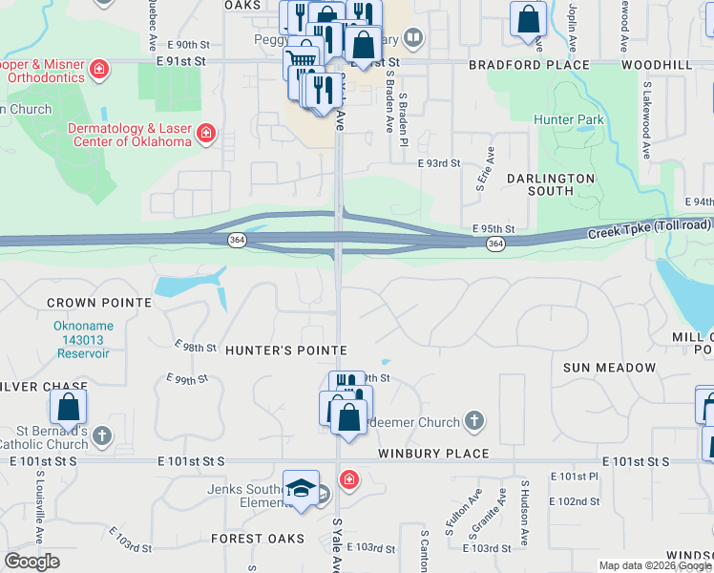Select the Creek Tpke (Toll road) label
(x=649, y=229)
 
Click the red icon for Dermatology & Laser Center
(x=205, y=135)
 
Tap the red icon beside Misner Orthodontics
(x=98, y=69)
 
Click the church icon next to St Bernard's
(x=102, y=435)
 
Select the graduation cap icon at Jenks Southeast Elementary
(x=301, y=487)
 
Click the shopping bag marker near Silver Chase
(x=69, y=407)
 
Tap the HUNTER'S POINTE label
(x=285, y=351)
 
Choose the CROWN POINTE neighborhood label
(x=99, y=303)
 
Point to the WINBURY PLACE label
(x=432, y=454)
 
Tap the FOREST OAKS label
(x=257, y=539)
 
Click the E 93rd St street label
(x=439, y=163)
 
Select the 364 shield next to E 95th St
(x=494, y=244)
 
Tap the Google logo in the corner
(x=31, y=562)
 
